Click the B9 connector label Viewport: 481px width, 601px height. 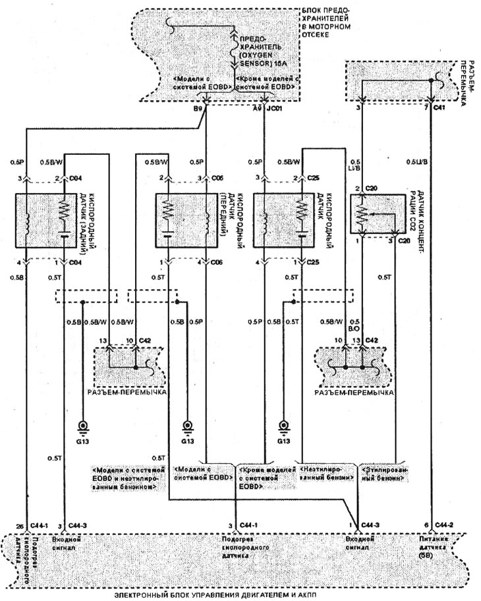coord(196,111)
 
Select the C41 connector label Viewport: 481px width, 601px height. coord(440,107)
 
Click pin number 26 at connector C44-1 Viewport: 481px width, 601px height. coord(19,525)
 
